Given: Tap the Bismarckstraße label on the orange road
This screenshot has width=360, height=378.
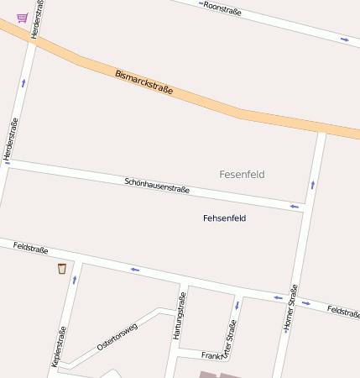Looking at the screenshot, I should click(x=149, y=82).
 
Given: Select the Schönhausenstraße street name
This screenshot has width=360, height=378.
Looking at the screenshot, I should click(x=157, y=186).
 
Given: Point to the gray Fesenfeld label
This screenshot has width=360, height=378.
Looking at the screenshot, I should click(x=242, y=175).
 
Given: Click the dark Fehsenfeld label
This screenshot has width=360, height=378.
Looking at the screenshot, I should click(x=224, y=218).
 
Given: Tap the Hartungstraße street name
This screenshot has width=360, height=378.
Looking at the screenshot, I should click(x=178, y=316).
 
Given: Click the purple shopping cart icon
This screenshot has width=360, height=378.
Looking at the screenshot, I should click(x=22, y=18).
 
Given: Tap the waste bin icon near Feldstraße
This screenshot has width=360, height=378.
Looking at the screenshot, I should click(x=61, y=269).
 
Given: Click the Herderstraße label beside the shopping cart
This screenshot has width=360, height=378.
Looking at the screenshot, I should click(x=35, y=18).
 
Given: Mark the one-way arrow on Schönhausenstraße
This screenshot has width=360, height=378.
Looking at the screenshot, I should click(x=294, y=206).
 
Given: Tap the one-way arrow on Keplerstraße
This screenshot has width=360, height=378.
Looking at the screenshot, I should click(x=75, y=279).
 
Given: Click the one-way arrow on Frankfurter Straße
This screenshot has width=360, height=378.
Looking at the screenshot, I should click(x=237, y=304).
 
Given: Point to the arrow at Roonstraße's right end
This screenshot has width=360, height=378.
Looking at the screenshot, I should click(x=344, y=39).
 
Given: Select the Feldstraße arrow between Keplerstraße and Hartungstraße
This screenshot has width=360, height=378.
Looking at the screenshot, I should click(x=134, y=270).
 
